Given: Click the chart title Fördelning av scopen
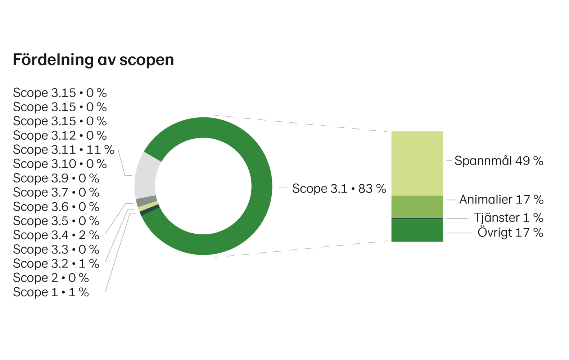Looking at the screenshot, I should click(93, 60).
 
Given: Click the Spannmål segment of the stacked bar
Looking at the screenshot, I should click(417, 163).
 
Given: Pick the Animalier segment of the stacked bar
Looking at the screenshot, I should click(417, 207).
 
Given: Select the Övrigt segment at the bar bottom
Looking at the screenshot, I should click(417, 231).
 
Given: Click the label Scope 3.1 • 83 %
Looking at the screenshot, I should click(339, 188).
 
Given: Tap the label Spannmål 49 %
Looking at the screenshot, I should click(498, 161).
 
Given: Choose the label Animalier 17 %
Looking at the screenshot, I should click(501, 199).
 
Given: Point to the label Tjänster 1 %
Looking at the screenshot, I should click(508, 218).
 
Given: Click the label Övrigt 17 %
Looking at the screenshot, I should click(510, 233).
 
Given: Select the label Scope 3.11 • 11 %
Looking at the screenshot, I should click(63, 149).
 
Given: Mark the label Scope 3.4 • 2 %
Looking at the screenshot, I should click(56, 235).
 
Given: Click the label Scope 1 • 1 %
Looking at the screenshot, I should click(51, 292).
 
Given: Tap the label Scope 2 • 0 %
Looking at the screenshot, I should click(51, 278).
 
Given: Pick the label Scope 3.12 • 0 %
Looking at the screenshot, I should click(60, 135).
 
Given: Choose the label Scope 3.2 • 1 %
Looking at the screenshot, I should click(56, 264).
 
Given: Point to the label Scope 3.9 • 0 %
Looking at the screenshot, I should click(56, 178).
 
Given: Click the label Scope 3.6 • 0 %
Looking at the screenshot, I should click(56, 207).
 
